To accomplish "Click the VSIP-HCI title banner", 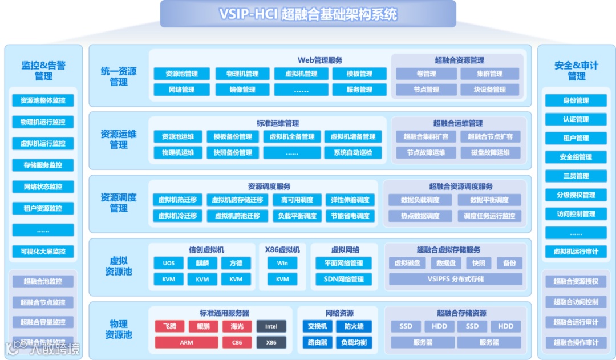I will click(x=308, y=14).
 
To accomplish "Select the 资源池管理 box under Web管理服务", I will click(x=182, y=74).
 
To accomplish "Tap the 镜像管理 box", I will click(x=242, y=90).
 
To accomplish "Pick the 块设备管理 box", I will click(x=490, y=90).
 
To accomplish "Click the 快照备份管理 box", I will click(x=233, y=152).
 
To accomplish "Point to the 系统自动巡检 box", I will click(x=353, y=152).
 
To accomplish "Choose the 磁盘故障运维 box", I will click(x=490, y=152).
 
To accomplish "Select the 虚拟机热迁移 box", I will click(x=177, y=200).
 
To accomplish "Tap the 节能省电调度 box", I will click(x=350, y=216).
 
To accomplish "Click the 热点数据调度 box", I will click(x=420, y=216).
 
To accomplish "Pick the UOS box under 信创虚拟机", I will click(x=169, y=263).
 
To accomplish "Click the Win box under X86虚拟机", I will click(x=282, y=263).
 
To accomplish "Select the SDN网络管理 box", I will click(x=343, y=279).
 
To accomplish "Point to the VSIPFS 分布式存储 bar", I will click(x=455, y=279).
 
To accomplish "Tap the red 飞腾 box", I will click(x=169, y=326).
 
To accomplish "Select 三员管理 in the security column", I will click(x=576, y=176).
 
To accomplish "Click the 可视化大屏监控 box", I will click(x=43, y=252).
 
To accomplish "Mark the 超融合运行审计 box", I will click(x=576, y=322).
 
